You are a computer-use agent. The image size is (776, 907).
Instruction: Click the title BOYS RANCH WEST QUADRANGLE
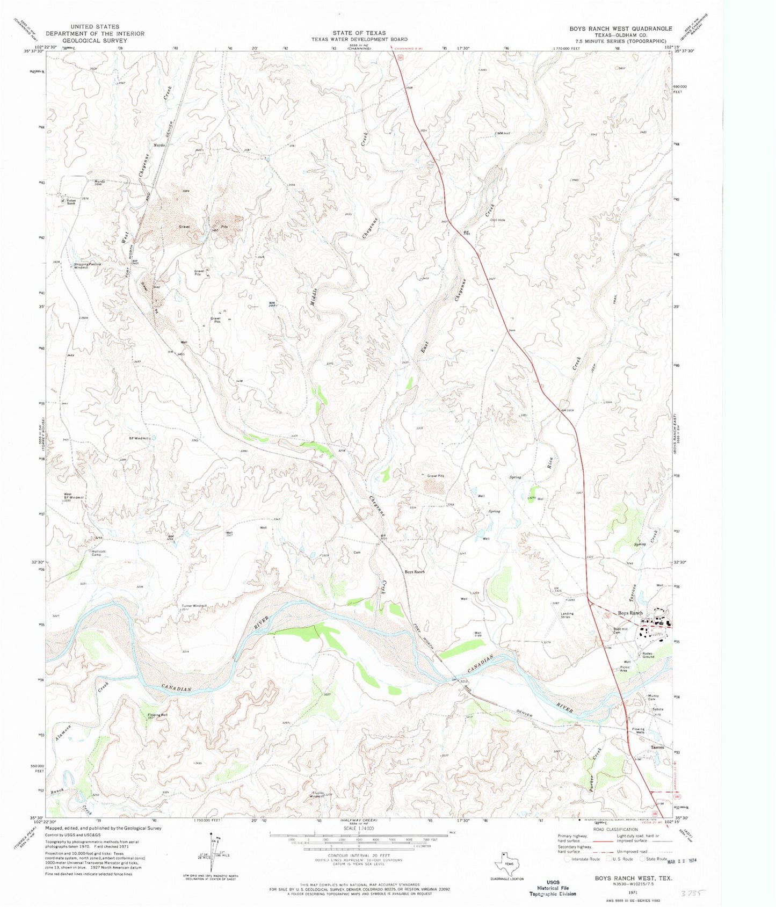pos(613,28)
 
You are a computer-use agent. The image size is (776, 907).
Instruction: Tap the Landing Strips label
pos(567,615)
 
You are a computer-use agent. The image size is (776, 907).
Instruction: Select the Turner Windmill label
pos(194,606)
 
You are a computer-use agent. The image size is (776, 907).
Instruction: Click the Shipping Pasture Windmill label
pos(88,266)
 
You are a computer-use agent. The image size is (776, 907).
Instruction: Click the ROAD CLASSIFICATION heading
pos(615,830)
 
